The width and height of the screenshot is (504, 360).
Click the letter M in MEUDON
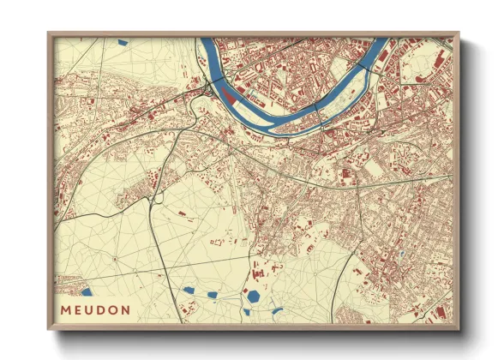click(x=66, y=309)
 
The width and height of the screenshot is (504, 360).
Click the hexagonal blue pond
click(x=254, y=296)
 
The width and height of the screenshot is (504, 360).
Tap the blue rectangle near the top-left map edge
click(x=122, y=41)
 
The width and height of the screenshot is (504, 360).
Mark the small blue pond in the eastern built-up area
click(x=399, y=254)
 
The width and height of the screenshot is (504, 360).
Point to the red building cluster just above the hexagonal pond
click(x=256, y=273)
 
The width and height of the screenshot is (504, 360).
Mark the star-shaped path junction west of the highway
click(x=114, y=257)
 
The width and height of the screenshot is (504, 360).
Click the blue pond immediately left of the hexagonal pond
click(x=212, y=294)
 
